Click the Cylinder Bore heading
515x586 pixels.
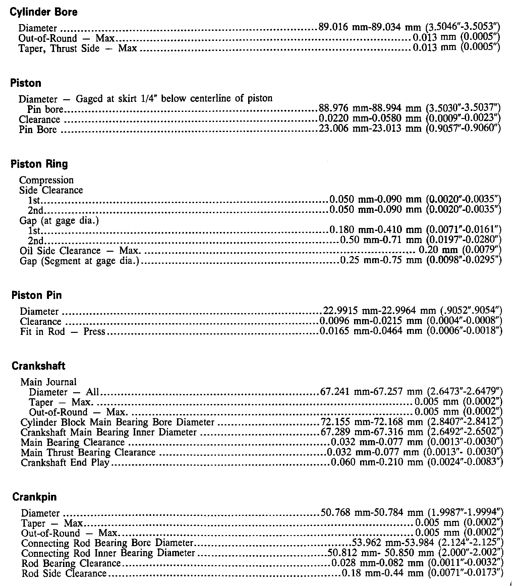pyautogui.click(x=44, y=12)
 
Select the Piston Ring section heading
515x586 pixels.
pyautogui.click(x=39, y=164)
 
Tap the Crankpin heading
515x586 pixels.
pyautogui.click(x=35, y=497)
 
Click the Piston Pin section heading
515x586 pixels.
pyautogui.click(x=37, y=295)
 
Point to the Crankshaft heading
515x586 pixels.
pyautogui.click(x=39, y=366)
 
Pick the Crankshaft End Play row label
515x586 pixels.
pyautogui.click(x=65, y=463)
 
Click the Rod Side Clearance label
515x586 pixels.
pyautogui.click(x=64, y=574)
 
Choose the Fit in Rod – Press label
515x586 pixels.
pyautogui.click(x=63, y=332)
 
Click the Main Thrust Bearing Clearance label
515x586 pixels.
pyautogui.click(x=88, y=453)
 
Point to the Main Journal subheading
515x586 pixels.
pyautogui.click(x=49, y=382)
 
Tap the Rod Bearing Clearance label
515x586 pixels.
pyautogui.click(x=71, y=564)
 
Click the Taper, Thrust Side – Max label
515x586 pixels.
pyautogui.click(x=78, y=48)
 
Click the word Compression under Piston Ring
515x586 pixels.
pyautogui.click(x=46, y=180)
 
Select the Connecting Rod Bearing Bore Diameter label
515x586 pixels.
pyautogui.click(x=107, y=543)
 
